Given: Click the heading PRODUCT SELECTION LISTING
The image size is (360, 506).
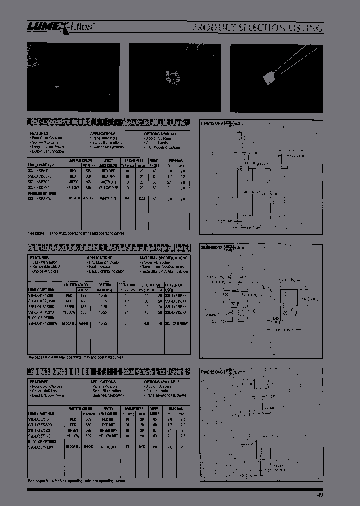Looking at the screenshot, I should pyautogui.click(x=258, y=28).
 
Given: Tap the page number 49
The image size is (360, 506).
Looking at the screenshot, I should pyautogui.click(x=319, y=495).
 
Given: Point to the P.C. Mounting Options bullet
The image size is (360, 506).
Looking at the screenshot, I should pyautogui.click(x=163, y=147).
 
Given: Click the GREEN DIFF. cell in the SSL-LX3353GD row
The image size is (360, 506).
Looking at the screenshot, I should pyautogui.click(x=109, y=182).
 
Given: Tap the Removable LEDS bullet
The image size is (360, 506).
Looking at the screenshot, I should pyautogui.click(x=47, y=266).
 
